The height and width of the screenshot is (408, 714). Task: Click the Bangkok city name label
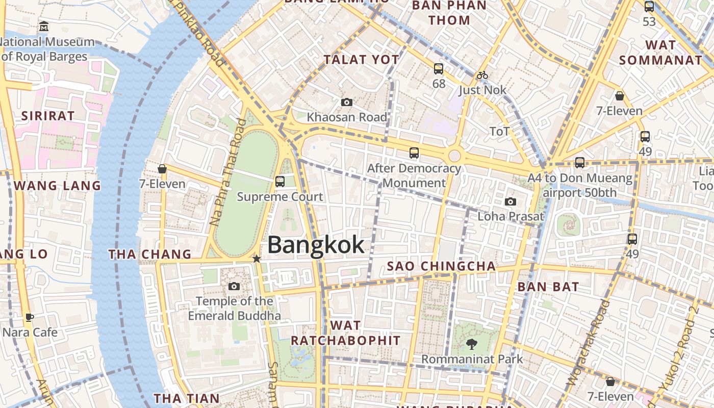(x=316, y=245)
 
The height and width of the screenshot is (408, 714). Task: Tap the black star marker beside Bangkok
(x=257, y=259)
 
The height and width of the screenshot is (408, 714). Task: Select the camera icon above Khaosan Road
(x=347, y=103)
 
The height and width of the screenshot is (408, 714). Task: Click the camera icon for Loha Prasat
(x=511, y=202)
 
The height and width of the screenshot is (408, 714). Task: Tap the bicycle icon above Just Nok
(x=482, y=75)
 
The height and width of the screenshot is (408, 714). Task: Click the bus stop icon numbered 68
(x=439, y=69)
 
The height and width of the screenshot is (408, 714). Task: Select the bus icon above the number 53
(x=649, y=7)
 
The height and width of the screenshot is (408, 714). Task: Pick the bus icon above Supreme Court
(x=280, y=181)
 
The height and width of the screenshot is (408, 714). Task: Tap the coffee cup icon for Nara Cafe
(x=30, y=318)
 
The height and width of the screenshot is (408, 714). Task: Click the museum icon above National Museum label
(x=44, y=26)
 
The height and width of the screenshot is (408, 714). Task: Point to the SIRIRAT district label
(x=48, y=116)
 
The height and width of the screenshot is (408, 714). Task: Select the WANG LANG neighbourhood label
(x=58, y=186)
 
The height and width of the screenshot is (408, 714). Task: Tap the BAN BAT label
(x=548, y=287)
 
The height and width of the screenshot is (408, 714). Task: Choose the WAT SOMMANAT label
(x=660, y=53)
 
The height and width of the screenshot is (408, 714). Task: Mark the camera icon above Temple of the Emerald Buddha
(x=234, y=287)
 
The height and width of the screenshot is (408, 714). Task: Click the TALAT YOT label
(x=362, y=60)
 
